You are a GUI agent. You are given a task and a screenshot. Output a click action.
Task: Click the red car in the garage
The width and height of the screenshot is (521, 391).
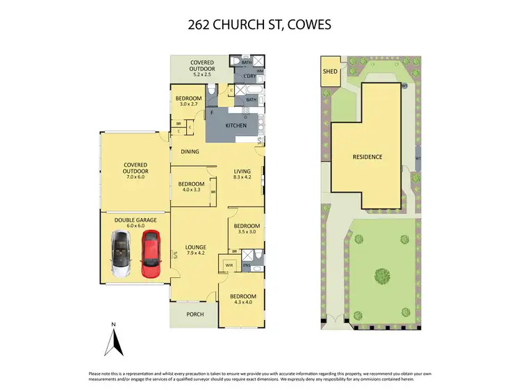pos(150,253)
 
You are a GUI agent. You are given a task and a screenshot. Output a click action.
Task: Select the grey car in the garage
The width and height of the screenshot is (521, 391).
pos(121,253)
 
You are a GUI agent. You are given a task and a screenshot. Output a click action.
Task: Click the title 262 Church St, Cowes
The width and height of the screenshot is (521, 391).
pos(260,25)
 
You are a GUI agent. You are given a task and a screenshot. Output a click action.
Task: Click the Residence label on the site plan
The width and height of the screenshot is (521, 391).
pos(367,157)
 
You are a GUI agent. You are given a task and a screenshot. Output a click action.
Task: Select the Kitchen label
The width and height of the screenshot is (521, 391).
pos(236,126)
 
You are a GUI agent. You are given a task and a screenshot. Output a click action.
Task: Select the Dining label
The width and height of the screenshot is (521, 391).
pos(190,151)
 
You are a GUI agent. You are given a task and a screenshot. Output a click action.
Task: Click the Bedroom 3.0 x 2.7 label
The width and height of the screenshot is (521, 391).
pos(188,101)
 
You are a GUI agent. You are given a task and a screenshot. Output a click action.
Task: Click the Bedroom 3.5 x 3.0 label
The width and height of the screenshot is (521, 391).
pos(246,229)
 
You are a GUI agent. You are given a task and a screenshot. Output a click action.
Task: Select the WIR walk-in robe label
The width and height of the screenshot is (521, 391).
pos(229,265)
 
